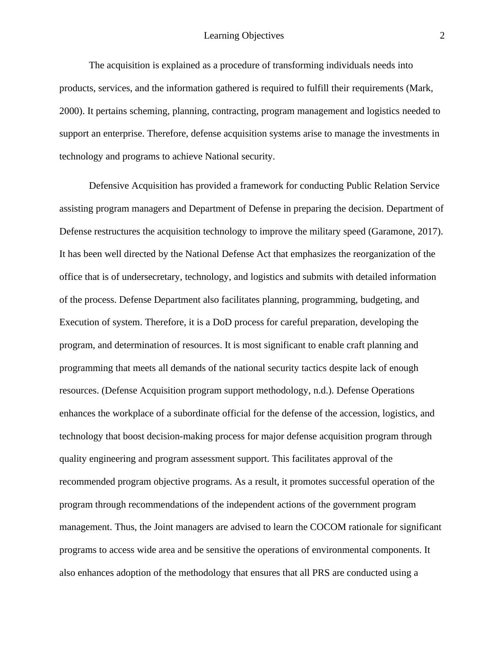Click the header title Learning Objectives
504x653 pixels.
coord(244,36)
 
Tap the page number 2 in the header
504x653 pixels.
coord(442,36)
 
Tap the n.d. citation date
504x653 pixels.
coord(322,391)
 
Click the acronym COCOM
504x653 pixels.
coord(328,527)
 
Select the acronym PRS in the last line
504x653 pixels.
coord(321,573)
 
